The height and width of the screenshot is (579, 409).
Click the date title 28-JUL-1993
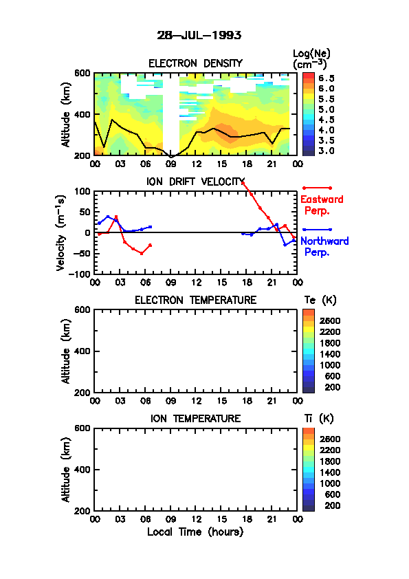click(199, 36)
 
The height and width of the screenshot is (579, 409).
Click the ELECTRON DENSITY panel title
click(195, 63)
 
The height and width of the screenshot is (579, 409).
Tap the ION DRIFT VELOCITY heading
click(195, 182)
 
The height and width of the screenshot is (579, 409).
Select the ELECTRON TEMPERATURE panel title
click(195, 301)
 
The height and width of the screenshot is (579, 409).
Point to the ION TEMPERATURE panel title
click(195, 418)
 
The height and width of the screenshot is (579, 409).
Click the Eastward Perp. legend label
click(322, 205)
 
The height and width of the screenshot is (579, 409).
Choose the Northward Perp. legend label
click(324, 247)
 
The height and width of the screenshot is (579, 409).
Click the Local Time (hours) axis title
click(195, 532)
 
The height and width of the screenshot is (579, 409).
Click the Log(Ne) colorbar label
click(311, 54)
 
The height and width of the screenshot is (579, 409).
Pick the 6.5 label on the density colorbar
click(327, 78)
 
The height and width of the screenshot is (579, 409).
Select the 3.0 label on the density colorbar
click(327, 151)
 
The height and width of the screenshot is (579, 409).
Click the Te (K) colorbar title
click(320, 301)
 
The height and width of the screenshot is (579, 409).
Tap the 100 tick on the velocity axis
click(82, 191)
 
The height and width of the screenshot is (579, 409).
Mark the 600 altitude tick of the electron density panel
click(82, 73)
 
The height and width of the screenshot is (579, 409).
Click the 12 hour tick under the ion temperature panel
click(196, 519)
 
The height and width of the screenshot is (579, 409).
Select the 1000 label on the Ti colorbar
click(330, 483)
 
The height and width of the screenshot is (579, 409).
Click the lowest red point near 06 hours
click(142, 253)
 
